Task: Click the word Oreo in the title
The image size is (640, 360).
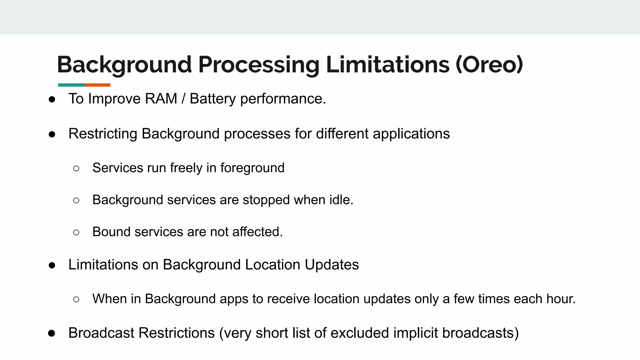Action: [489, 64]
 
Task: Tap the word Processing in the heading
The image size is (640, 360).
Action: [259, 65]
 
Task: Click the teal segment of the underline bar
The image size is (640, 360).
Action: [71, 85]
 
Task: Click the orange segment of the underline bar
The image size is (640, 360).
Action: [97, 85]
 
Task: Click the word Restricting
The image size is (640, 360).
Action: [103, 134]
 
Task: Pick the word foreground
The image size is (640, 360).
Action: [252, 168]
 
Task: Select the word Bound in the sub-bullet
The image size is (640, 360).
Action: [111, 232]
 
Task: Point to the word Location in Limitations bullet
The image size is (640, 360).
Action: [272, 265]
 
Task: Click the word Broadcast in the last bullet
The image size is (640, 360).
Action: [101, 333]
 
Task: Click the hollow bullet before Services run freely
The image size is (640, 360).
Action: [76, 168]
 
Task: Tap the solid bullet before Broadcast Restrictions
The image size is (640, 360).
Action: [52, 333]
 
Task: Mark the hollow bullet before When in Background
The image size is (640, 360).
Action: [76, 299]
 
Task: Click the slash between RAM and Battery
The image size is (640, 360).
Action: [183, 99]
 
